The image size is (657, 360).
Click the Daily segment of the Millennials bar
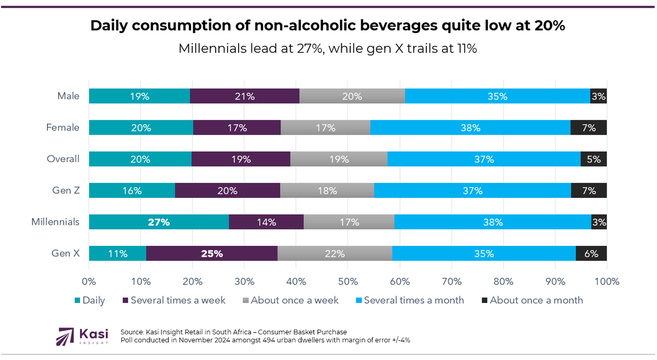[x=159, y=222]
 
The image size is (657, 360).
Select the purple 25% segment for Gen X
[x=212, y=253]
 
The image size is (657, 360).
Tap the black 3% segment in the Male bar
[x=598, y=96]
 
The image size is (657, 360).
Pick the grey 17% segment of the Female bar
[x=325, y=127]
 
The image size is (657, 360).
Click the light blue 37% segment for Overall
[x=484, y=159]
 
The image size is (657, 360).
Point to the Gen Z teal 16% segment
[x=132, y=191]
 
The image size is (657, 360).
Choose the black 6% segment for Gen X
[x=591, y=253]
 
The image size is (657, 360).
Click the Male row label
[x=68, y=96]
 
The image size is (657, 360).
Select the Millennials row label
[x=55, y=222]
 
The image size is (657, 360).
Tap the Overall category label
[x=63, y=159]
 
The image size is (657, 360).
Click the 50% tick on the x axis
[x=347, y=281]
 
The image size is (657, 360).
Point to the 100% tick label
[x=607, y=281]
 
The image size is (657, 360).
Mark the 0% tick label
[x=89, y=281]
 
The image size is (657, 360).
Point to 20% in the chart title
[x=543, y=26]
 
